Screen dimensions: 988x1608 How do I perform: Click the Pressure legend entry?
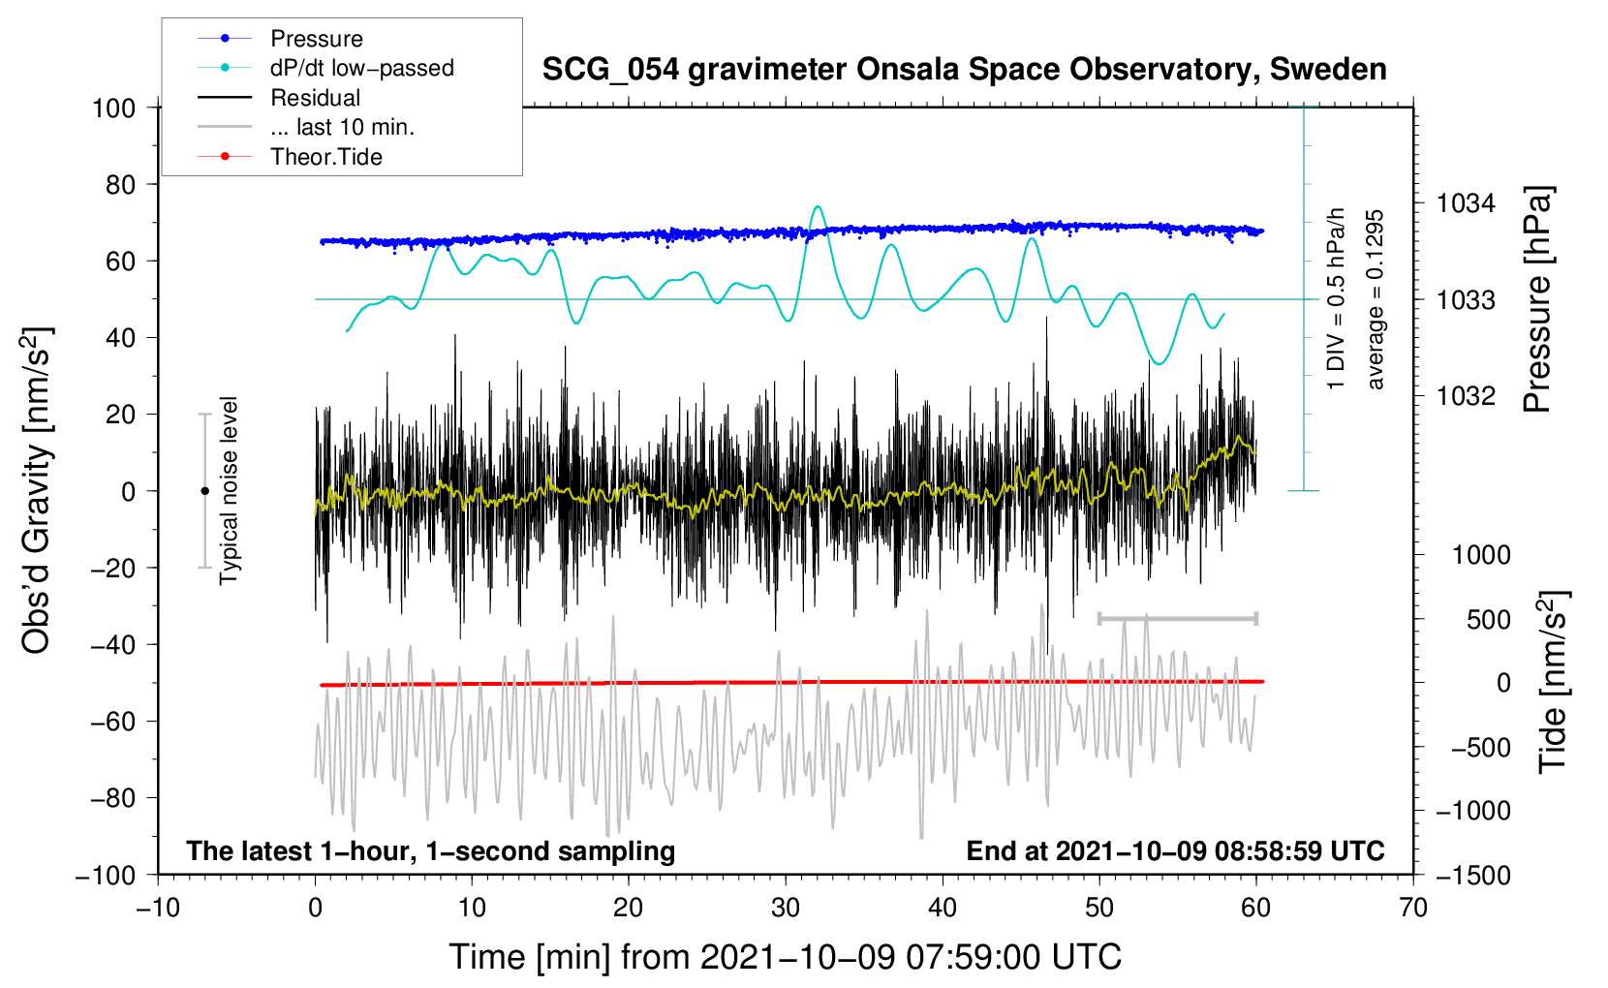tap(316, 39)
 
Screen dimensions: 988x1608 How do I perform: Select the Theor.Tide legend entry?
tap(325, 157)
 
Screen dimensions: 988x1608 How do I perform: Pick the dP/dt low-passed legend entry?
tap(361, 68)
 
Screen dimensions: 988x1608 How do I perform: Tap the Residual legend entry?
tap(315, 98)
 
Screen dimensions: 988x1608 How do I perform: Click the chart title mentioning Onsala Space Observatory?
tap(964, 70)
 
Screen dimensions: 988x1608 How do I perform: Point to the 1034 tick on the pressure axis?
tap(1466, 203)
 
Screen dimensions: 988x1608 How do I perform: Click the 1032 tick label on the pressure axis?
tap(1466, 396)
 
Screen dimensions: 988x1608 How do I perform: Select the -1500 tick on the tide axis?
tap(1473, 875)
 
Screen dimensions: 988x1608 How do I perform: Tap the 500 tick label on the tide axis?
tap(1488, 619)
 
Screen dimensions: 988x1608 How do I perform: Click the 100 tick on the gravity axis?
tap(113, 108)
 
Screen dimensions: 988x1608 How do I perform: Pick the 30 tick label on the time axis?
tap(786, 908)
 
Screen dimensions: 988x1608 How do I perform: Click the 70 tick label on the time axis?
tap(1413, 908)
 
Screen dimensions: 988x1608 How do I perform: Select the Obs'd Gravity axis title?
tap(37, 490)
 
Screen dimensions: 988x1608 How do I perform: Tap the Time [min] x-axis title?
tap(786, 957)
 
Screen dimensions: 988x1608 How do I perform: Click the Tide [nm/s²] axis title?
tap(1553, 683)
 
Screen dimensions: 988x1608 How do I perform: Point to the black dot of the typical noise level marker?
tap(204, 491)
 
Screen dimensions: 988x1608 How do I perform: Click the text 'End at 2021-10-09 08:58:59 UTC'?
tap(1175, 850)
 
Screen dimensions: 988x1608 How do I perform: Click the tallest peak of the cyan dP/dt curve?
tap(818, 206)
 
